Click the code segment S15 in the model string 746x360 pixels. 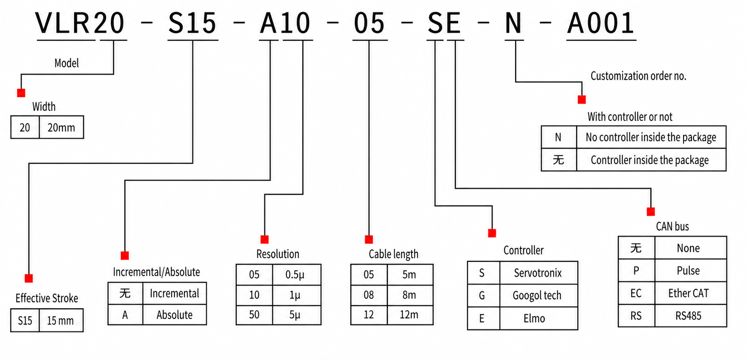point(192,24)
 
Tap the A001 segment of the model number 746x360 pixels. point(601,24)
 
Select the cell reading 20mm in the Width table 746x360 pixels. point(61,128)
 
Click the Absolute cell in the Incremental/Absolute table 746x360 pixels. point(174,315)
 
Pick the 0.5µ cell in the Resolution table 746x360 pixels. point(295,275)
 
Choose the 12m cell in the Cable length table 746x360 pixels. point(409,315)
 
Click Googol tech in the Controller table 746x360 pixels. point(537,296)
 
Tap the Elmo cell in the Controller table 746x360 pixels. point(534,319)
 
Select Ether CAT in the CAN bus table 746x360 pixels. point(688,293)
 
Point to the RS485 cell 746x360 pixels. point(688,316)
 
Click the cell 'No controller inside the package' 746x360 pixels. point(651,137)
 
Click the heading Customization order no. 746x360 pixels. point(638,76)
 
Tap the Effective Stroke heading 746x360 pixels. point(47,298)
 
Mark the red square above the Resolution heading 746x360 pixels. point(265,239)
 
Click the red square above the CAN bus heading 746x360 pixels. point(651,212)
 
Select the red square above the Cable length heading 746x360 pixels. point(369,239)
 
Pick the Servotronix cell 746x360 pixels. point(538,273)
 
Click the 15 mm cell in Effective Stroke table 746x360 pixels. point(60,321)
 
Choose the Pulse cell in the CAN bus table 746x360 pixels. point(688,271)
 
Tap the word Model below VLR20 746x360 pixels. point(67,63)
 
